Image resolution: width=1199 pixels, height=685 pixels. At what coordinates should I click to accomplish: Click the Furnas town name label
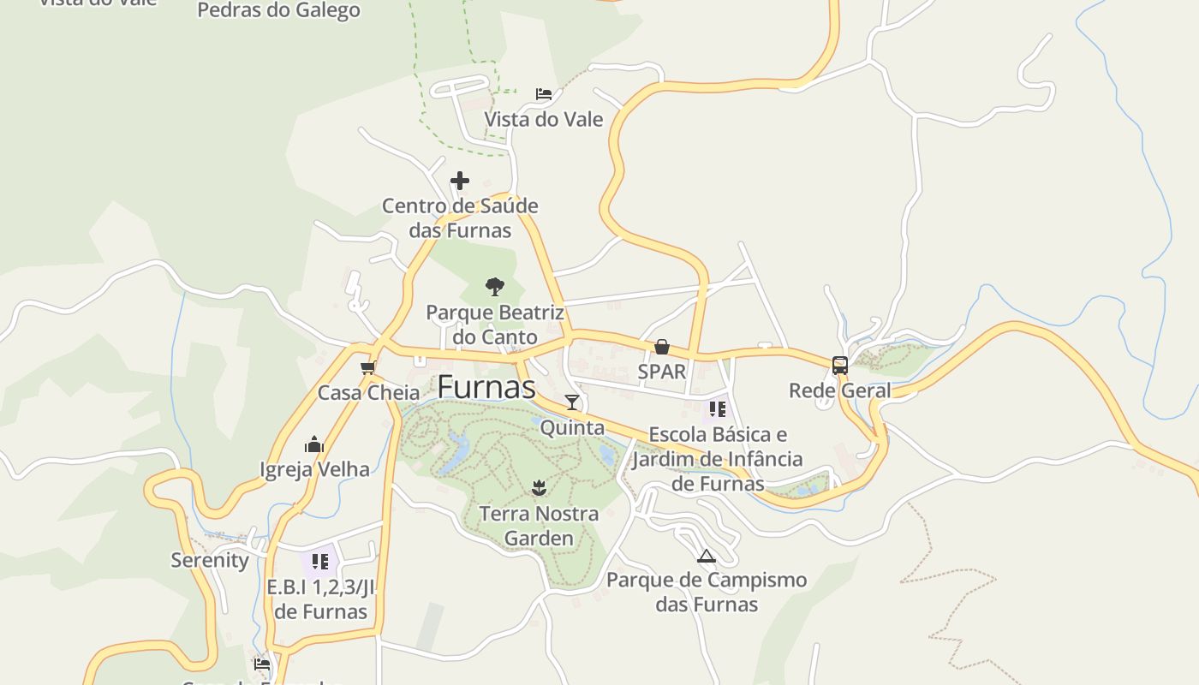[486, 387]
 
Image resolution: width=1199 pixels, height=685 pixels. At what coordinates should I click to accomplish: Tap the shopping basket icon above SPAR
[662, 347]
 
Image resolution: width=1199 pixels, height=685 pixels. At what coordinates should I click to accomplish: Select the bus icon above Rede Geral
[840, 366]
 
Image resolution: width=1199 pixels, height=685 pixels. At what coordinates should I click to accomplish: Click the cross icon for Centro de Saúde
[460, 181]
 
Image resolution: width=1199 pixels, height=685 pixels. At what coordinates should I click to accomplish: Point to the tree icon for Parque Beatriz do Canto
[494, 286]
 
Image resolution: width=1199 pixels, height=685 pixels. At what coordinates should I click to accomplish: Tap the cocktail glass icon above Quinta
[572, 402]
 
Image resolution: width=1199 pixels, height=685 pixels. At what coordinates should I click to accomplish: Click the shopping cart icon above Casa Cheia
[368, 368]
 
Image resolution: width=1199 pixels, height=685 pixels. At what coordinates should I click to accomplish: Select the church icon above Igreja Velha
[314, 444]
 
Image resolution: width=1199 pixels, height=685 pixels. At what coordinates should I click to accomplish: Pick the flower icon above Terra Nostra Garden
[539, 488]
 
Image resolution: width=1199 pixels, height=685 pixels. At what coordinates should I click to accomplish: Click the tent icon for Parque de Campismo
[706, 556]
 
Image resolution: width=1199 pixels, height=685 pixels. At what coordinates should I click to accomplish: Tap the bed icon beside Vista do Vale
[544, 93]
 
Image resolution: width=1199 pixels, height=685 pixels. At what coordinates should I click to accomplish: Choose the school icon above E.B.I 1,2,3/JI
[320, 562]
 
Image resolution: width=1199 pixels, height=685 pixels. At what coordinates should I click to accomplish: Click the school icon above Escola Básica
[718, 409]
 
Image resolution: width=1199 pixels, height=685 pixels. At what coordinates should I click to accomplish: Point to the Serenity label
[210, 560]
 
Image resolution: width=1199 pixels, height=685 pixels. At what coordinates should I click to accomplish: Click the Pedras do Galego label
[278, 10]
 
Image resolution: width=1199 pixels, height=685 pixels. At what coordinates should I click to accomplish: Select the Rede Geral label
[839, 390]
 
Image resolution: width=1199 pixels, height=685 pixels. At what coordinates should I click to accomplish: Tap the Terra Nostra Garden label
[539, 526]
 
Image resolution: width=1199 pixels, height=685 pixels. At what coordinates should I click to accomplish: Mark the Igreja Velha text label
[314, 469]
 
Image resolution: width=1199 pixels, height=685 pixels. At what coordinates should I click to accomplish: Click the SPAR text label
[662, 372]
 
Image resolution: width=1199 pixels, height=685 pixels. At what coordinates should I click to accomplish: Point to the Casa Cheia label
[368, 393]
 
